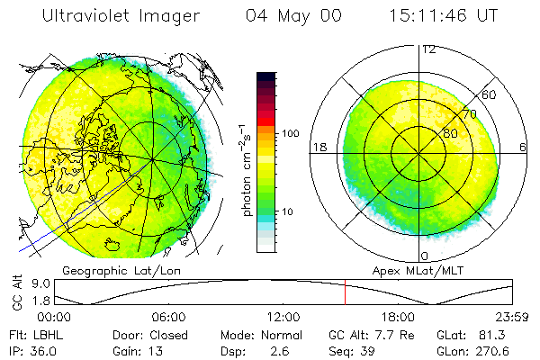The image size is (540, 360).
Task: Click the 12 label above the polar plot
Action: click(428, 49)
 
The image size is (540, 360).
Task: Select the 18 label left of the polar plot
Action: click(318, 147)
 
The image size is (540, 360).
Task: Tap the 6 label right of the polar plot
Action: click(522, 147)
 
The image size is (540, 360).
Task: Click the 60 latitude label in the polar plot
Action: click(490, 94)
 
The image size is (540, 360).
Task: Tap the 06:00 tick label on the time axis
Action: click(169, 317)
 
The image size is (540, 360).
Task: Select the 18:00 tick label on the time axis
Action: click(398, 317)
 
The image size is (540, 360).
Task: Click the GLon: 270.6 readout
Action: click(471, 350)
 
